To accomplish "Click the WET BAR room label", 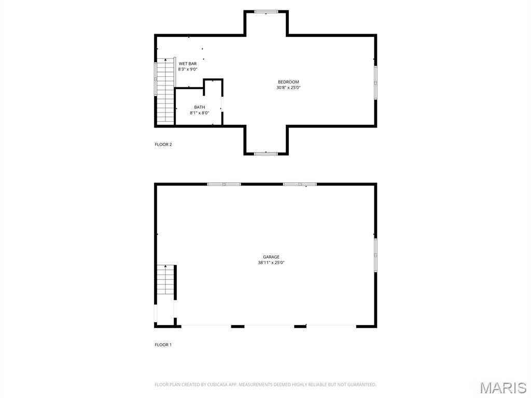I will [x=187, y=63].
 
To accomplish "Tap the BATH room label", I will [x=199, y=107].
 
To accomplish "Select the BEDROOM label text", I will [x=288, y=82].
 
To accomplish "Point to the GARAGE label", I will [x=271, y=257].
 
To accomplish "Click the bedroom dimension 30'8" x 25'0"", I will [x=288, y=88].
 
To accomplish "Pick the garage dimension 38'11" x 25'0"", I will [x=271, y=263].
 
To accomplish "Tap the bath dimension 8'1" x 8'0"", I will [x=199, y=113].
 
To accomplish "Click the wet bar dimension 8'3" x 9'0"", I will [x=187, y=69].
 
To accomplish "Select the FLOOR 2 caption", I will [x=163, y=145].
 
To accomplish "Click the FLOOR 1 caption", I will [x=163, y=345].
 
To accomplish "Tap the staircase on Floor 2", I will [x=165, y=91].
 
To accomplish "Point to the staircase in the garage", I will [x=165, y=280].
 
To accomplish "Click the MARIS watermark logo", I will [x=502, y=388].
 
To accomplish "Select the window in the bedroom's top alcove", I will [x=266, y=11].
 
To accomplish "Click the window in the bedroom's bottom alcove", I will [x=266, y=153].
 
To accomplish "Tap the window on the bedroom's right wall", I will [x=375, y=82].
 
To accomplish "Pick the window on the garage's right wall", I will [x=375, y=255].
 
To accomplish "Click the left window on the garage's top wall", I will [x=223, y=184].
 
